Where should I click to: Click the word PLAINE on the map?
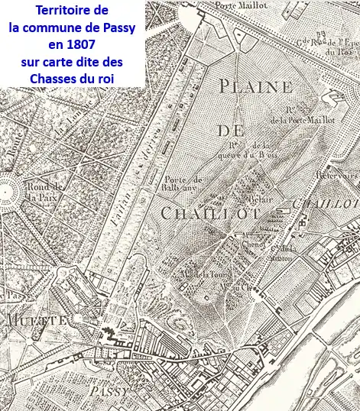click(255, 86)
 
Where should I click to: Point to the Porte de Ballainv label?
click(182, 184)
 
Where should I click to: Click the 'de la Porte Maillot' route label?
click(297, 119)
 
